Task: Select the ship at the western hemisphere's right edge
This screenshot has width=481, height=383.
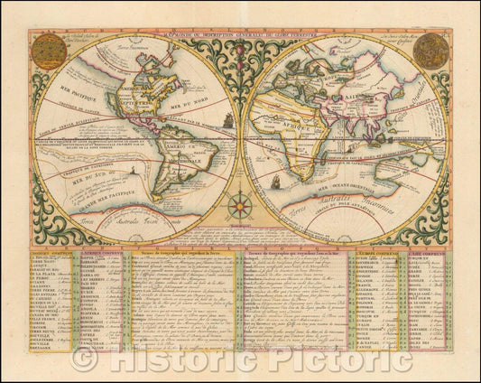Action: pos(229,117)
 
